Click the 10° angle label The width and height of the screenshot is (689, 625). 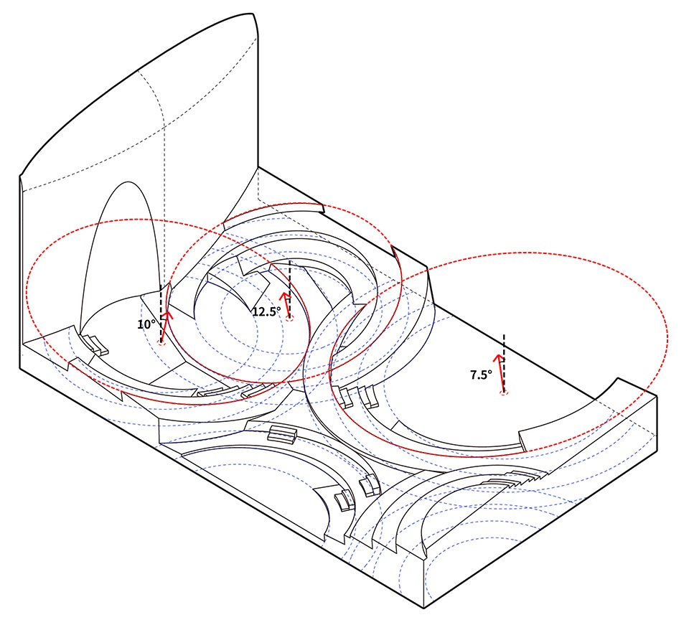pos(146,324)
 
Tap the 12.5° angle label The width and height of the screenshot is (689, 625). pos(266,312)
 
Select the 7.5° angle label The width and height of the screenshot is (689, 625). pos(481,375)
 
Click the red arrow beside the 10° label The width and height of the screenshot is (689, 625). pos(165,327)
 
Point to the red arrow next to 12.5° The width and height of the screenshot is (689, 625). pos(286,305)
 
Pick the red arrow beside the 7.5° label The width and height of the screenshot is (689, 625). pos(500,373)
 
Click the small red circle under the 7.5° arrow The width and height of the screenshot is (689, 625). pos(504,393)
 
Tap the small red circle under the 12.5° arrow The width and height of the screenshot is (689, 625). pos(289,319)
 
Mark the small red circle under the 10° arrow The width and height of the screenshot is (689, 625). pos(161,343)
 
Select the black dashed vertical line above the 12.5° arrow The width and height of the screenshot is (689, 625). pos(289,289)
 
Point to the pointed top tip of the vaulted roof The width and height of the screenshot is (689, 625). pos(254,14)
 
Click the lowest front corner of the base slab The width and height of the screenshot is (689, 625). pos(423,608)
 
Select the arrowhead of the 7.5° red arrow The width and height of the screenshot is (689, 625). pos(497,357)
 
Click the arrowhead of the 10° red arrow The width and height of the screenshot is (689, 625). pos(167,315)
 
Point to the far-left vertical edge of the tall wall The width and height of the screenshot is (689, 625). pos(20,271)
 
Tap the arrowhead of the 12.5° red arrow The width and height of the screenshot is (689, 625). pos(285,295)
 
